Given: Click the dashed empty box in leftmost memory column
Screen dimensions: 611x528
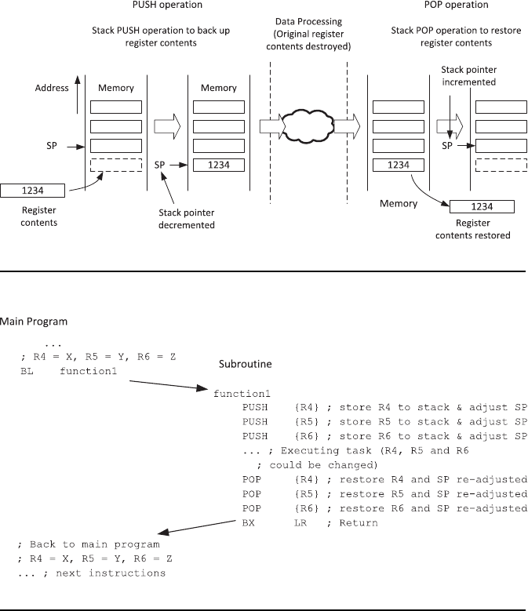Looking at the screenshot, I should click(116, 165).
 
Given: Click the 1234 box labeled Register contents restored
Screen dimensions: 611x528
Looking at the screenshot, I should click(482, 206).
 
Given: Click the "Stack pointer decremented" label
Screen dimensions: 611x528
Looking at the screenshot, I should click(188, 216).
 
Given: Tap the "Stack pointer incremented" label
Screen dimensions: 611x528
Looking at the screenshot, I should click(468, 75).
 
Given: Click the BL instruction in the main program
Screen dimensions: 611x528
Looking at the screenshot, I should click(27, 371).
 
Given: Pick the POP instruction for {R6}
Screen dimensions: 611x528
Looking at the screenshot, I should click(253, 508).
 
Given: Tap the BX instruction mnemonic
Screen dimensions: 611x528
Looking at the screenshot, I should click(249, 522).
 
